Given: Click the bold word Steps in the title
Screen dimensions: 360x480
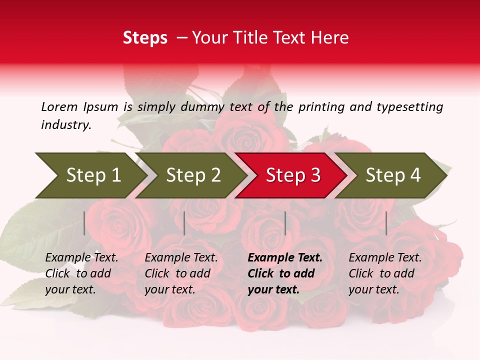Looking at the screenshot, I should coord(145,38).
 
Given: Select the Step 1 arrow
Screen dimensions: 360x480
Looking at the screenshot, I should coord(90,175).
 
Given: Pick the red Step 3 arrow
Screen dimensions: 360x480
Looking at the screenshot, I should coord(292,175).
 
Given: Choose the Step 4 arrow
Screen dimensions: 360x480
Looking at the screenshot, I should coord(392,175).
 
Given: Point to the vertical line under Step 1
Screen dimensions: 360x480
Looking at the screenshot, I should coord(84,223).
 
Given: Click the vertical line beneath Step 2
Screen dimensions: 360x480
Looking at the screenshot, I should coord(184,223).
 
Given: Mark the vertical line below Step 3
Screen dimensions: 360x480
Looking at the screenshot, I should coord(285,223).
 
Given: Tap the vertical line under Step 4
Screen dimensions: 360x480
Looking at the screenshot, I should coord(386,223).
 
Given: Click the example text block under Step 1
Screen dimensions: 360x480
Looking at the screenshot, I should coord(81,273).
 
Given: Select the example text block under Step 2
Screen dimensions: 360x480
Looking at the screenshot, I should coord(181,273).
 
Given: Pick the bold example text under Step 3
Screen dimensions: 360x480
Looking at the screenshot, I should coord(285,273).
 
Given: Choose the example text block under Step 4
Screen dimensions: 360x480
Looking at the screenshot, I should coord(385,273).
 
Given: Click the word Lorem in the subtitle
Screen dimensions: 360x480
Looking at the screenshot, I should coord(59,107).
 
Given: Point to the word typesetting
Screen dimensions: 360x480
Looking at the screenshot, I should coord(409,107).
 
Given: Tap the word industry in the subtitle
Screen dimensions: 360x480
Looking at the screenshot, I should coord(66,125).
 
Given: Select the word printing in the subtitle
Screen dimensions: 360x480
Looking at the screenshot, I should coord(320,107).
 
